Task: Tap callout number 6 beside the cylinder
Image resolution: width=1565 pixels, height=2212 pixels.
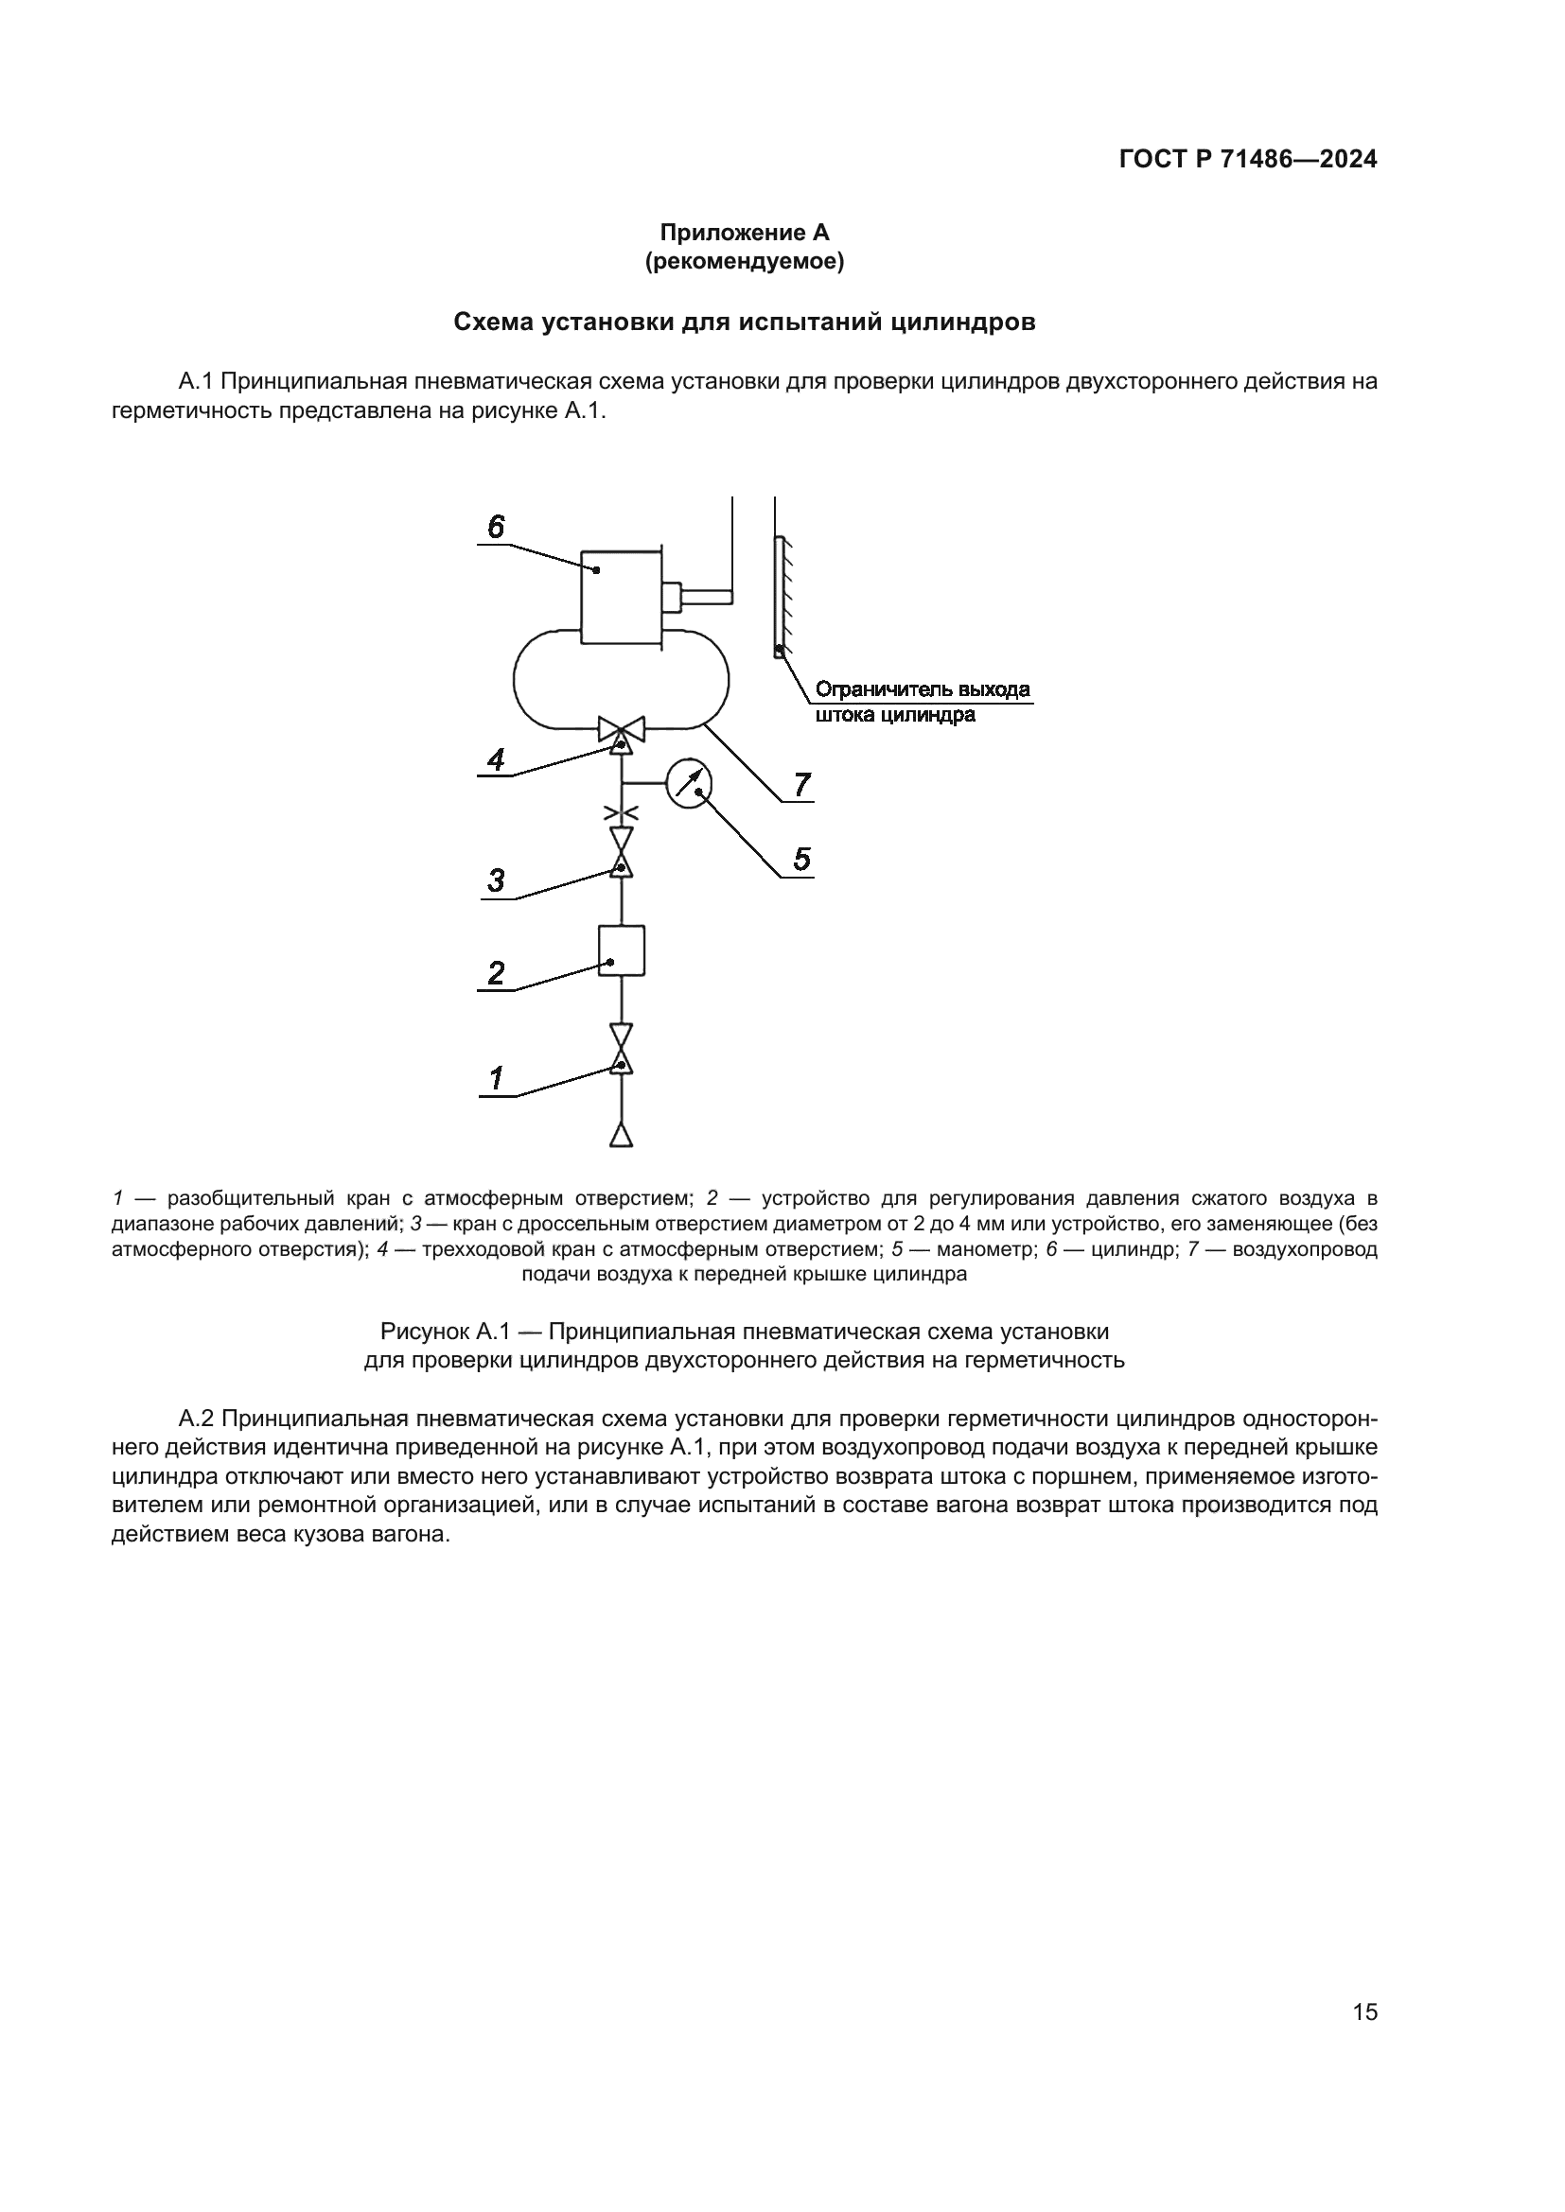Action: click(495, 527)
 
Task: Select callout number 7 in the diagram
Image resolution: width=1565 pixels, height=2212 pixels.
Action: click(801, 785)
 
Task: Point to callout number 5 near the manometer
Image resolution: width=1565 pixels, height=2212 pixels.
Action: click(801, 859)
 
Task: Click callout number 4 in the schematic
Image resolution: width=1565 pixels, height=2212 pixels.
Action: click(495, 760)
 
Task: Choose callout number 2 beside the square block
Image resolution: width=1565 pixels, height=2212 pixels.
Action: click(495, 973)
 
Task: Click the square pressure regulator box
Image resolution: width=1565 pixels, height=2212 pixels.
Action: click(622, 950)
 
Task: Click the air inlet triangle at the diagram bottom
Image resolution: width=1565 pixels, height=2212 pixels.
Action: click(622, 1135)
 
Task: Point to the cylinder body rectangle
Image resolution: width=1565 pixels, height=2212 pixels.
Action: click(622, 597)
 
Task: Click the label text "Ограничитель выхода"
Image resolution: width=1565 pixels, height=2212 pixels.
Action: click(923, 689)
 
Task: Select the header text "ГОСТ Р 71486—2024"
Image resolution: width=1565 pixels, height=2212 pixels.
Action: click(1248, 160)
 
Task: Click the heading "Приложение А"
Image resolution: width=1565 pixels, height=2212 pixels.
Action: click(744, 233)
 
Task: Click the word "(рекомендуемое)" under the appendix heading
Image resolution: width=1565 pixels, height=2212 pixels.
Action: click(744, 261)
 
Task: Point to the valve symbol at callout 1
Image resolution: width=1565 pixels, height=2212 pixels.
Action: click(622, 1049)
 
